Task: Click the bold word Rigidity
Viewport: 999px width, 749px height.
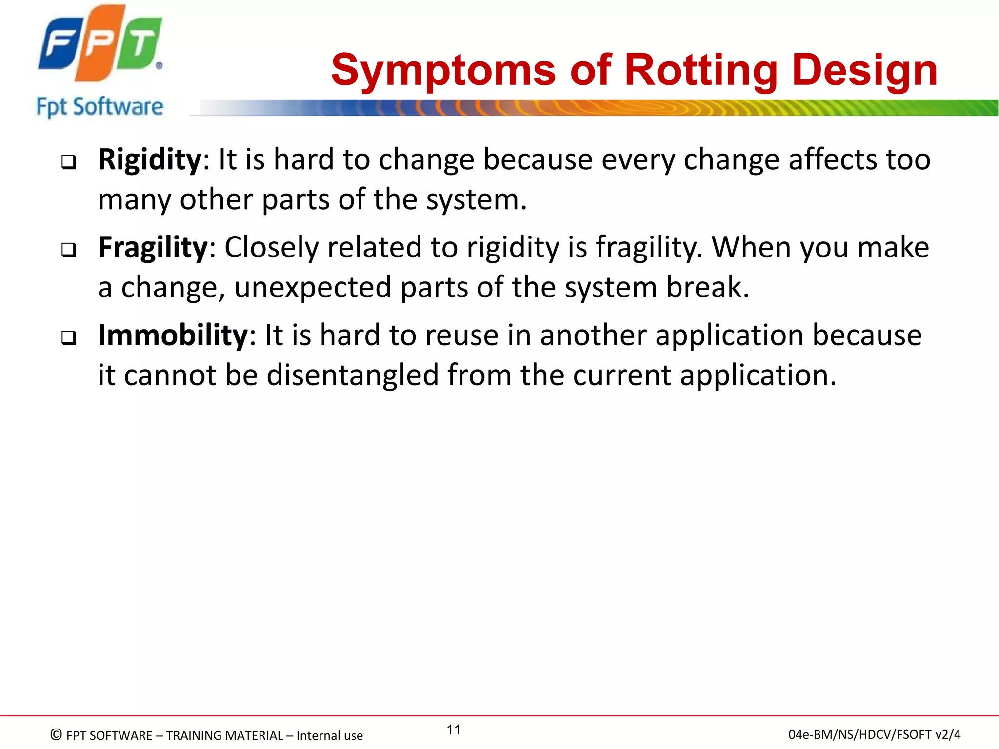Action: click(149, 160)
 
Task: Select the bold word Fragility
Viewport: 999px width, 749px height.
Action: click(153, 248)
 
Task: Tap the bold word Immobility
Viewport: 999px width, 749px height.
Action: click(173, 335)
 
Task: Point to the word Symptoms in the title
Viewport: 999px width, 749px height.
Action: click(443, 70)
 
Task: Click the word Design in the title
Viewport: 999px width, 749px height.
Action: click(864, 70)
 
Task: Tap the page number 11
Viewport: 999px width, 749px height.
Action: click(454, 729)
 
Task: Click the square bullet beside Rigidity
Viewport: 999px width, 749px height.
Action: click(69, 162)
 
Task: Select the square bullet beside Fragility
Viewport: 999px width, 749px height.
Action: click(69, 250)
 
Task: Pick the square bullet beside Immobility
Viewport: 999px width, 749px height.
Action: click(69, 338)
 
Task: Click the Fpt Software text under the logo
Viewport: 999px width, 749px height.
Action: click(100, 107)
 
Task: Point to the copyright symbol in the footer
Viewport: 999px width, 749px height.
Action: click(56, 734)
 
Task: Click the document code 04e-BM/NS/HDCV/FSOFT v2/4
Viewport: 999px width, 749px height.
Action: click(874, 734)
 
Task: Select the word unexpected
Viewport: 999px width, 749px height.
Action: click(313, 288)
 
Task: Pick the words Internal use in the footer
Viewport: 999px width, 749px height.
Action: click(329, 735)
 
